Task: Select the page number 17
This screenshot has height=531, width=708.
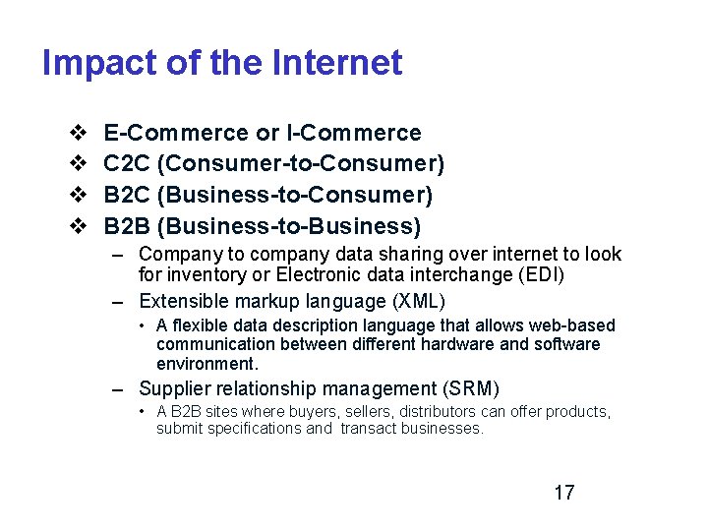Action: click(563, 493)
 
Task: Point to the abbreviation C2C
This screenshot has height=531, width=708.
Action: click(126, 163)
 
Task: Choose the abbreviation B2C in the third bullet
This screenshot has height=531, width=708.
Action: click(126, 195)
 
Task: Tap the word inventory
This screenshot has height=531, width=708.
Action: click(200, 275)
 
